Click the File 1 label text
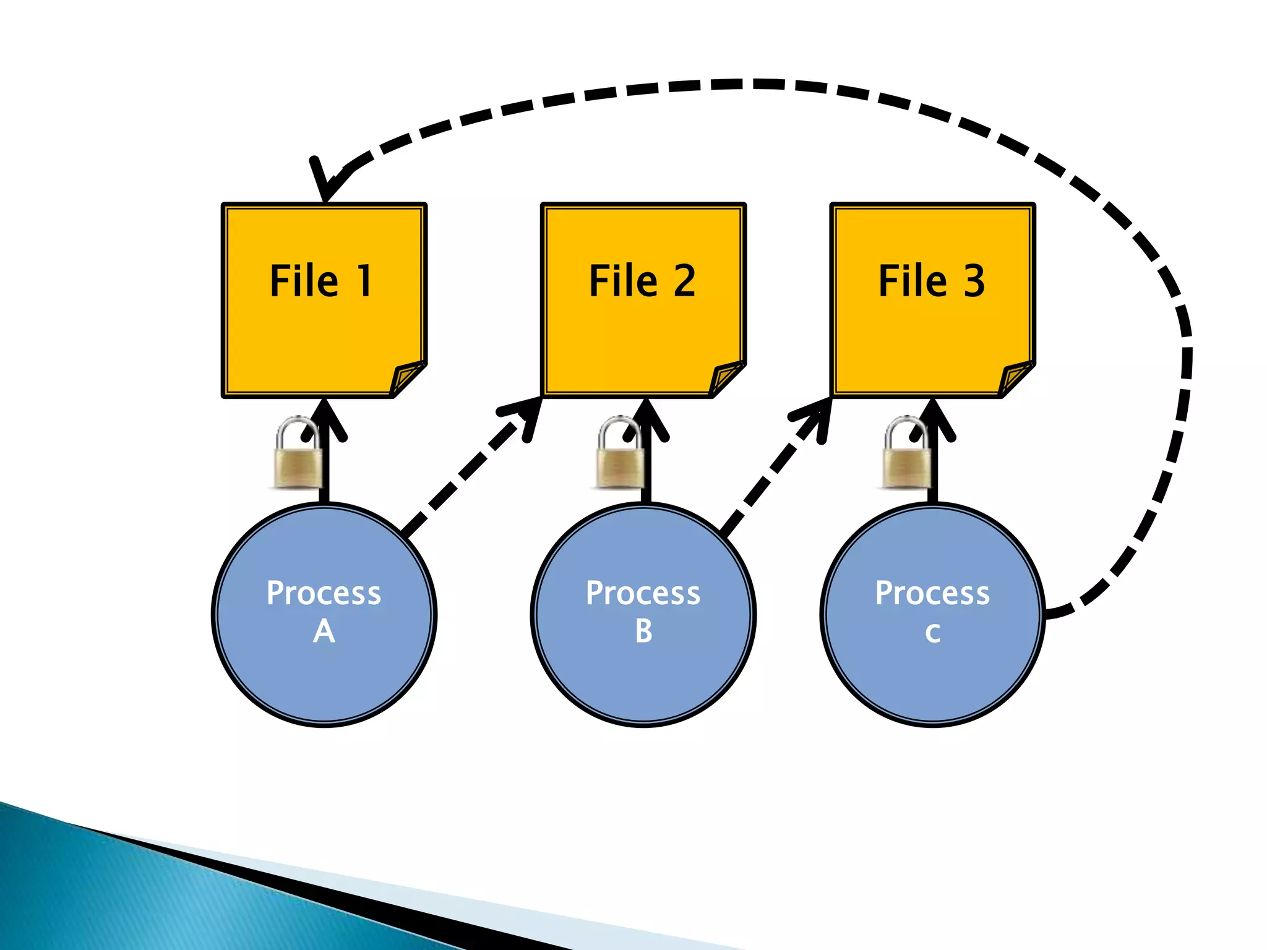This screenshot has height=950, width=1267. point(321,281)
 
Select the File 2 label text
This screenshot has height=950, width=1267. point(642,281)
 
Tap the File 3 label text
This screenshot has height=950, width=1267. point(932,281)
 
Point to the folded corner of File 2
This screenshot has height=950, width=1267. point(726,377)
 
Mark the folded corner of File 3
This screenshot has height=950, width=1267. point(1015,377)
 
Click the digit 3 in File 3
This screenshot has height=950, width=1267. point(974,281)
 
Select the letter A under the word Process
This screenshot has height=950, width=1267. point(324,631)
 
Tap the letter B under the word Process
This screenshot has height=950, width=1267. point(643,631)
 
